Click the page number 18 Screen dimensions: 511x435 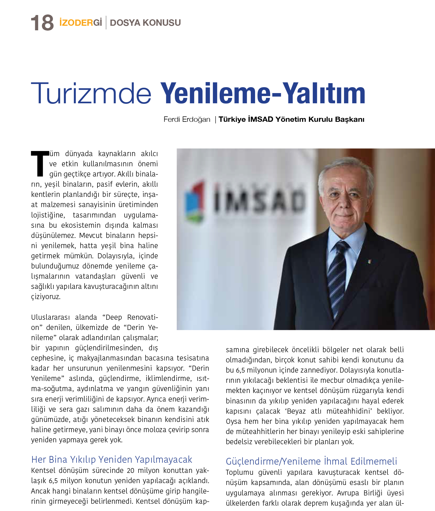pos(42,23)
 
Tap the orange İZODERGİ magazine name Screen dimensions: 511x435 pos(81,23)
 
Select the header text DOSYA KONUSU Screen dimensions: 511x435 pos(145,23)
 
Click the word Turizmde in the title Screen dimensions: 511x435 pos(91,93)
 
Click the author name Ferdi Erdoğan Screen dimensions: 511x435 pos(187,119)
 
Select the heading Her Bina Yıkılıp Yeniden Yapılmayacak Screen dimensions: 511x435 pos(112,459)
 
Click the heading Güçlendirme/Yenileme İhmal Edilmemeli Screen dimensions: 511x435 pos(311,461)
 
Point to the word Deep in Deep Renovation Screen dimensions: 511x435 pos(114,317)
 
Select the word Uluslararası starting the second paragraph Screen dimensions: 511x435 pos(50,317)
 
